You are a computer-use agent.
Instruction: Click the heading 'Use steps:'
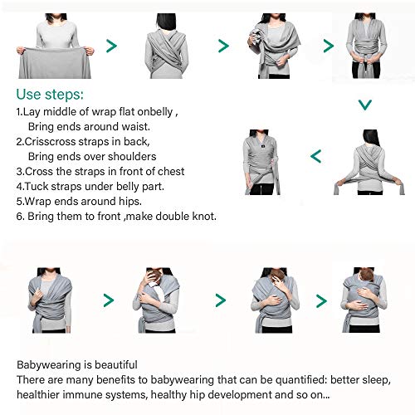coord(50,93)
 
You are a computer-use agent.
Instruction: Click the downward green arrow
coord(364,105)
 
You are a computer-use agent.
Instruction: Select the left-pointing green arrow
coord(315,155)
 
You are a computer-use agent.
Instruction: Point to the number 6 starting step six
coord(20,216)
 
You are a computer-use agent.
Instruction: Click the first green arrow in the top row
coord(110,46)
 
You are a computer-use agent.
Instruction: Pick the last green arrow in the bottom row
coord(320,300)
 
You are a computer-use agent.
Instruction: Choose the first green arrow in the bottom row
coord(108,300)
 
